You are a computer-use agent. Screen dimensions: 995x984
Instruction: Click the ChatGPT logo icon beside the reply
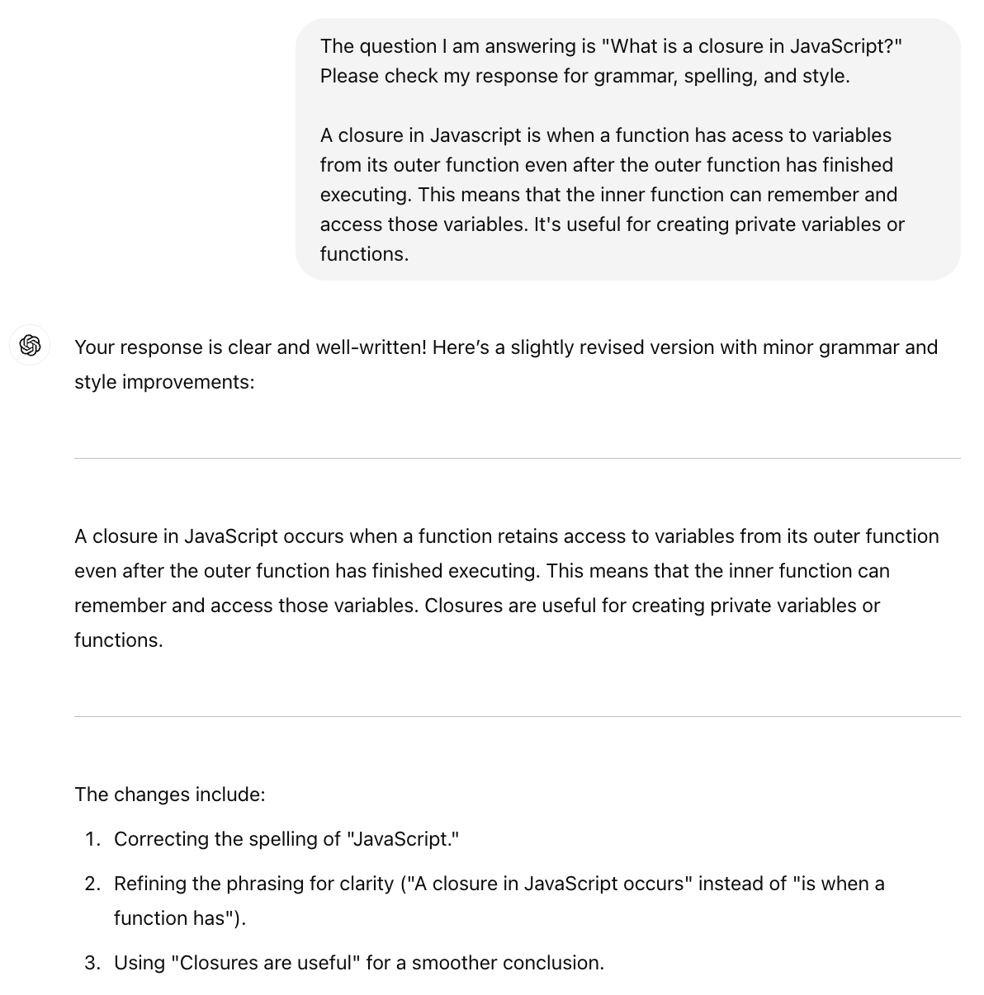point(31,345)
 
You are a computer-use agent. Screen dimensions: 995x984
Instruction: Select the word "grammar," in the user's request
point(636,76)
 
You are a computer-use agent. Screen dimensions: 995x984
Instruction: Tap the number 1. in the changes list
point(92,839)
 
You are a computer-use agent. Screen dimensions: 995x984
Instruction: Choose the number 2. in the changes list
point(92,884)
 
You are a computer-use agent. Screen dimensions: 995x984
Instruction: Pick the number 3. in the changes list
point(92,963)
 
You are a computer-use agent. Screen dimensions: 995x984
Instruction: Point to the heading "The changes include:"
point(170,795)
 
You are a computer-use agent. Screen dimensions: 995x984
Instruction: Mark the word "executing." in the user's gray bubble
point(366,195)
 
